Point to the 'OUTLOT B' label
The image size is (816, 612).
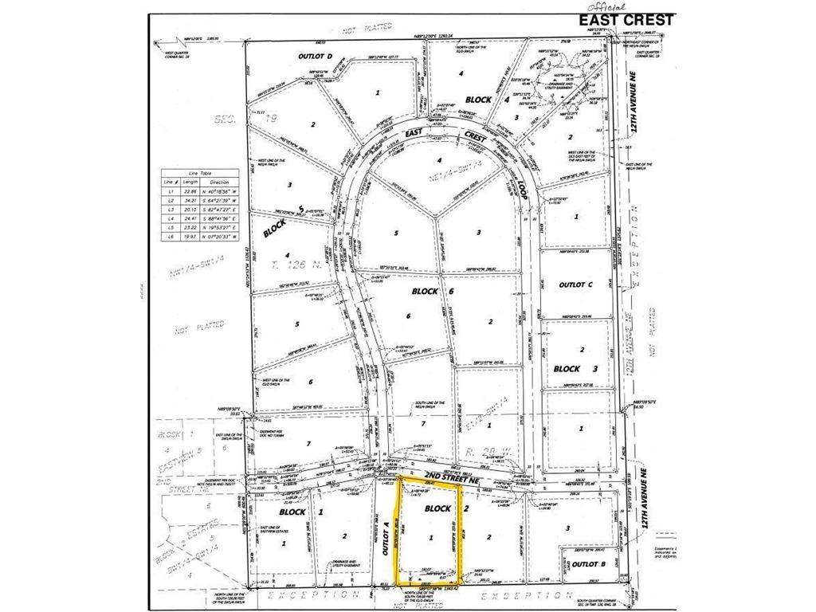click(x=590, y=564)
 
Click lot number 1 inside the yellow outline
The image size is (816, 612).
click(x=431, y=538)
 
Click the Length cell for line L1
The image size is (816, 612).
click(x=190, y=191)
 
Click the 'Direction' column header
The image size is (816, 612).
click(x=219, y=182)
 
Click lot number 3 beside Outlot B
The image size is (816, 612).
click(x=567, y=528)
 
